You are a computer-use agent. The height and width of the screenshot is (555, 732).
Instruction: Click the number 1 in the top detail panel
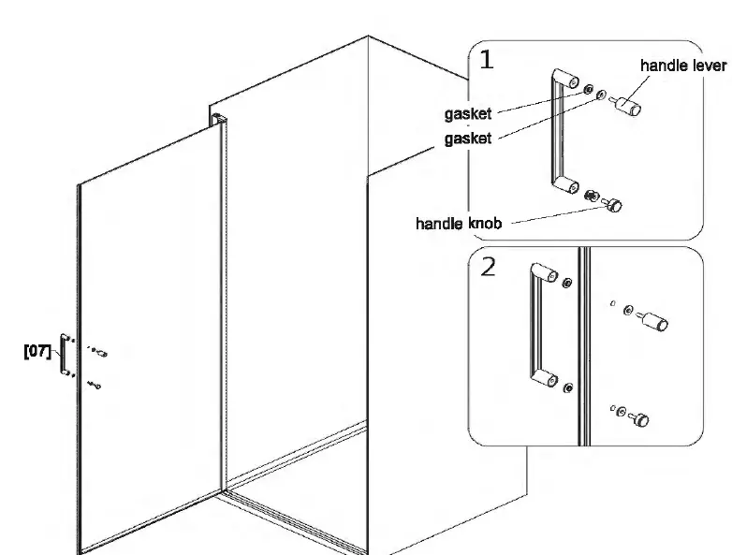[x=487, y=61]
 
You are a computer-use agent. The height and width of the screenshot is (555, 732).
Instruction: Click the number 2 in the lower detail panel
[x=488, y=268]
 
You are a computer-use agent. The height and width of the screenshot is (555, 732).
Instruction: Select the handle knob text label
[x=459, y=224]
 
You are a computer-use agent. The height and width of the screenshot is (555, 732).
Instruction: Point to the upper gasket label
[x=468, y=115]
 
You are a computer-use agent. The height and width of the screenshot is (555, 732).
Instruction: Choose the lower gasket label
[x=468, y=139]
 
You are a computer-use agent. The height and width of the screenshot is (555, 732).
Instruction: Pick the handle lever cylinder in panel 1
[x=627, y=104]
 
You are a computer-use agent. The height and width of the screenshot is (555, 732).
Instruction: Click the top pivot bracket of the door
[x=217, y=119]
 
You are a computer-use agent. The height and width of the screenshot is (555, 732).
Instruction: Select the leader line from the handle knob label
[x=552, y=215]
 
